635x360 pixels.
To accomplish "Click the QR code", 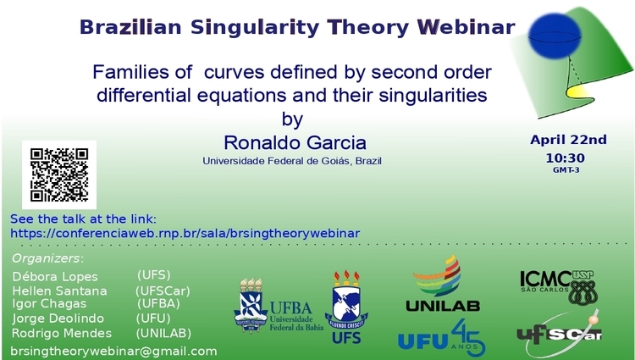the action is point(59,175).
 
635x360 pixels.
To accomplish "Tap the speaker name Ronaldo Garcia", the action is point(295,142).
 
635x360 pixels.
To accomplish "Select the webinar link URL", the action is point(185,234).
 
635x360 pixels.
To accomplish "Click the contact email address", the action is point(113,351).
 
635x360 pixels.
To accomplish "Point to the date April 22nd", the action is point(569,140).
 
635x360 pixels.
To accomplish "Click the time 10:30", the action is point(566,158).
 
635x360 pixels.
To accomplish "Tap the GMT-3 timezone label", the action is point(566,170).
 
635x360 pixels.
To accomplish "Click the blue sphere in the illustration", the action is point(555,36).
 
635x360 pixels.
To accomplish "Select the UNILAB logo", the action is point(443,284).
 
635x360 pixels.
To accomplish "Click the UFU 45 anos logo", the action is point(442,338).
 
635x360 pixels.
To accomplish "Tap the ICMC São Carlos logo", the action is point(559,286).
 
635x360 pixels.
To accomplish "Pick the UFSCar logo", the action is point(560,334).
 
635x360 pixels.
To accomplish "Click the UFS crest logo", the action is point(346,307).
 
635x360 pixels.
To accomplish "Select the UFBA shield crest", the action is point(251,305).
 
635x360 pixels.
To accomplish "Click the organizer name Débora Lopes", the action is point(55,277).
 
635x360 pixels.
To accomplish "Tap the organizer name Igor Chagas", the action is point(49,304).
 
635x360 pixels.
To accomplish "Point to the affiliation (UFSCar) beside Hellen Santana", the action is point(163,291).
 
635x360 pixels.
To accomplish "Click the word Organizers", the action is point(46,258).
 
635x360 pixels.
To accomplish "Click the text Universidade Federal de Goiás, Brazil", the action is point(292,161).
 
